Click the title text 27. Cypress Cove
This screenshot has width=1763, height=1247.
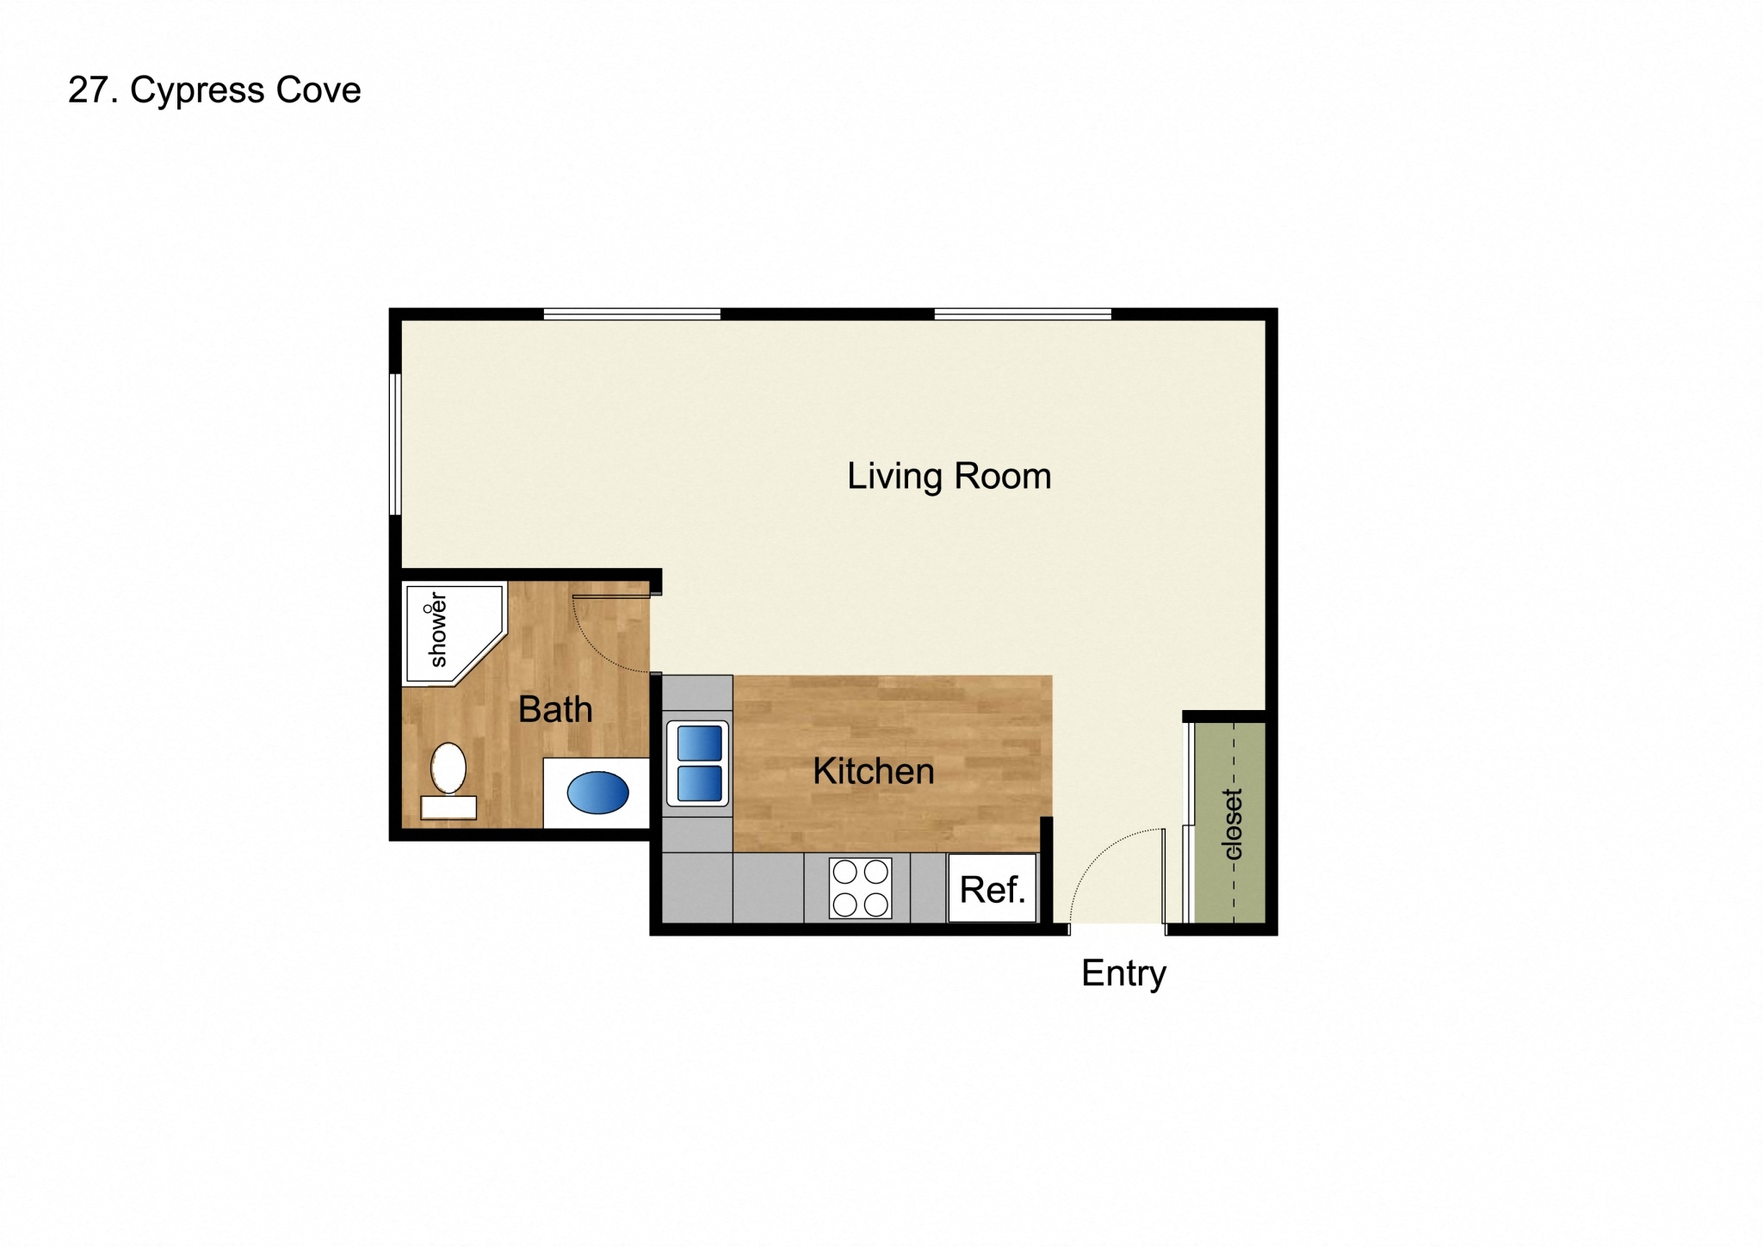214,90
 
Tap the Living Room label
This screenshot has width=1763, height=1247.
949,476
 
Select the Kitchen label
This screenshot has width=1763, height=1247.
873,771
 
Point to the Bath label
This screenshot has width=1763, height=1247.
555,710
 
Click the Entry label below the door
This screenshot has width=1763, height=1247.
1123,973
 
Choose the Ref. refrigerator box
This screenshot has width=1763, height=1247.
993,889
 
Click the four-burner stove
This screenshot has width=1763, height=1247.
860,888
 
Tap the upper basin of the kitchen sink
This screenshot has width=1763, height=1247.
699,744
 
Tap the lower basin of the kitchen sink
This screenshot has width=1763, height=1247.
699,784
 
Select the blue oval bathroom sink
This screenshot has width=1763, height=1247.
597,793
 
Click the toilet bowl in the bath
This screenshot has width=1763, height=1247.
448,767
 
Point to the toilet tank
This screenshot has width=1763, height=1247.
448,807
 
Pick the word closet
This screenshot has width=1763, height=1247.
1233,824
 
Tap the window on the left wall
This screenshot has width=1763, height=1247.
395,444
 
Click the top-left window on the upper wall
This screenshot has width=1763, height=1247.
632,314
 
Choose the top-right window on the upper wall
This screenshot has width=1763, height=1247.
1023,314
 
